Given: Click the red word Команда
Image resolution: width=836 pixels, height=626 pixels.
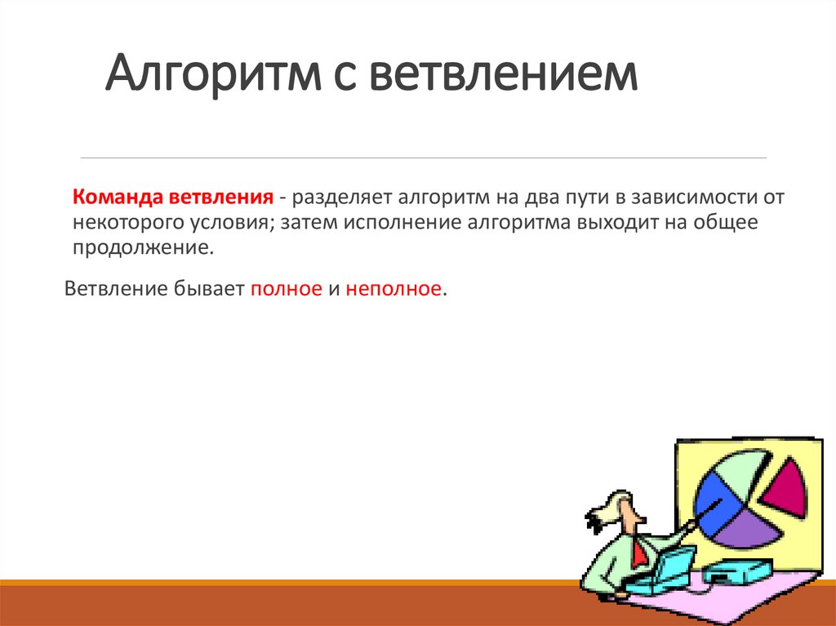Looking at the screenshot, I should coord(118,198).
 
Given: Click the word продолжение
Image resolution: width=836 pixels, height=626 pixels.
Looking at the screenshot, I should coord(142,246).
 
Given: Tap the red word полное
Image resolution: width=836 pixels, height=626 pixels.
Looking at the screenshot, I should coord(286,289).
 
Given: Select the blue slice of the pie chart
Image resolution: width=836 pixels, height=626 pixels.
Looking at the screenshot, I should coord(713,497).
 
